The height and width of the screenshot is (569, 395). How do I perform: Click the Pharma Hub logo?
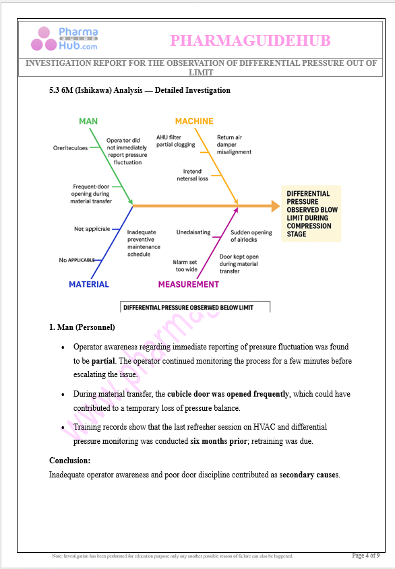point(65,40)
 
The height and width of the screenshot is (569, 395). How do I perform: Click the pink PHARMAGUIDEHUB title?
point(250,41)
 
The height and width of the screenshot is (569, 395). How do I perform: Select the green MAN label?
point(88,121)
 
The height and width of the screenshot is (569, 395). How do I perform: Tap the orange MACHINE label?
point(194,121)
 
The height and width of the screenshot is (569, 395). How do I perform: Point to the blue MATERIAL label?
point(88,284)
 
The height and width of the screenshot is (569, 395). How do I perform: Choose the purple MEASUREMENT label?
point(189,284)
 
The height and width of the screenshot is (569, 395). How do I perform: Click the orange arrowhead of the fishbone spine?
point(274,205)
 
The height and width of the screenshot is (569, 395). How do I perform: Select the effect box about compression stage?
point(311,213)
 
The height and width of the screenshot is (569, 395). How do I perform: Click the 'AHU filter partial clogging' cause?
point(176,140)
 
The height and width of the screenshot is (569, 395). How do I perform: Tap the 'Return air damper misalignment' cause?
point(234,144)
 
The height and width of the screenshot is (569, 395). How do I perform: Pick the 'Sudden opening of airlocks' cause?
point(251,236)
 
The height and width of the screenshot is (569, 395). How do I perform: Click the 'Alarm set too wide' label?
point(185,265)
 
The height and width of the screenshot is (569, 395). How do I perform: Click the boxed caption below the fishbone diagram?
point(195,307)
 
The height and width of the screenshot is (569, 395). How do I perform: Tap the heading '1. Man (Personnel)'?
point(82,327)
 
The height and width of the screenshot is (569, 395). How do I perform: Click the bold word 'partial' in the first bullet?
point(103,360)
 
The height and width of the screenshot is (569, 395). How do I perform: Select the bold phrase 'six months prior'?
point(218,441)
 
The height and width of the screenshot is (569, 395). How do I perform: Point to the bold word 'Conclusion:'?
point(69,461)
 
